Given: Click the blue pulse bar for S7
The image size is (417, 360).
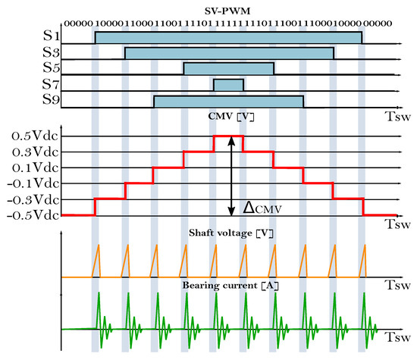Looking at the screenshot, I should click(228, 85).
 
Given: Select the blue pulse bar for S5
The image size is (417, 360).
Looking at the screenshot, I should click(228, 69).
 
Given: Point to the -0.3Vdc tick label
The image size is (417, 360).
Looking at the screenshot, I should click(30, 199).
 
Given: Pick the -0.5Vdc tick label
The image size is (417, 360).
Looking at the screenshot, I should click(30, 215).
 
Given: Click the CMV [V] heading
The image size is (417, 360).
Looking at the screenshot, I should click(227, 117).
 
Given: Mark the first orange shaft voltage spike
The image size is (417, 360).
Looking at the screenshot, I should click(96, 261).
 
